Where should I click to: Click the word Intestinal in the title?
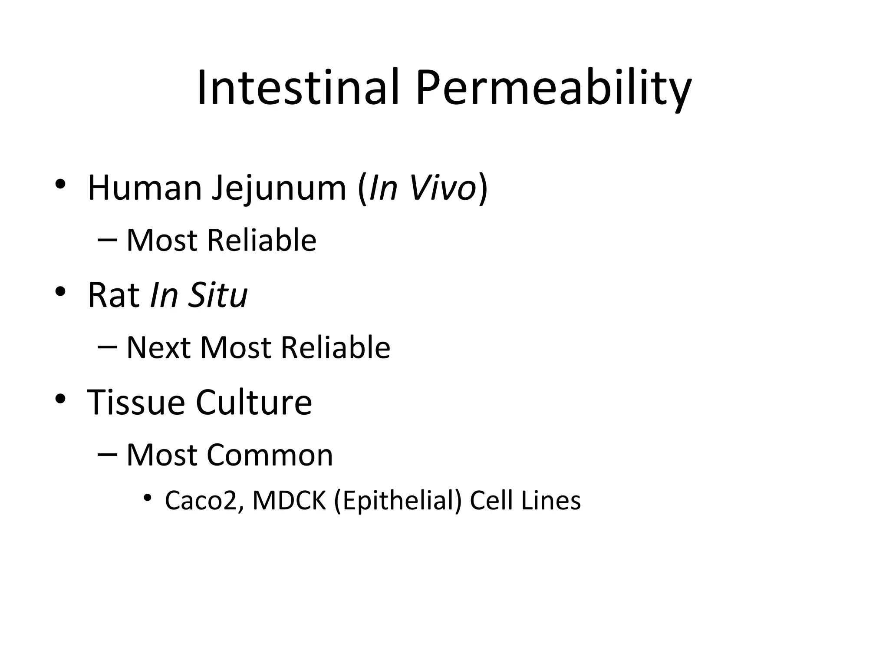pyautogui.click(x=298, y=88)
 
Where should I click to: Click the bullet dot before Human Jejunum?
pyautogui.click(x=60, y=184)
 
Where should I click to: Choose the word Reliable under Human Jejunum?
pyautogui.click(x=262, y=240)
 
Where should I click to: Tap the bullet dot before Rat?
pyautogui.click(x=60, y=291)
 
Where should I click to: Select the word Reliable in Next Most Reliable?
pyautogui.click(x=336, y=348)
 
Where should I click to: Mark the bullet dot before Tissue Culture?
pyautogui.click(x=60, y=399)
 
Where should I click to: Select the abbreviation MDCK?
pyautogui.click(x=289, y=501)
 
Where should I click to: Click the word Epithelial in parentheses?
pyautogui.click(x=398, y=501)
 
